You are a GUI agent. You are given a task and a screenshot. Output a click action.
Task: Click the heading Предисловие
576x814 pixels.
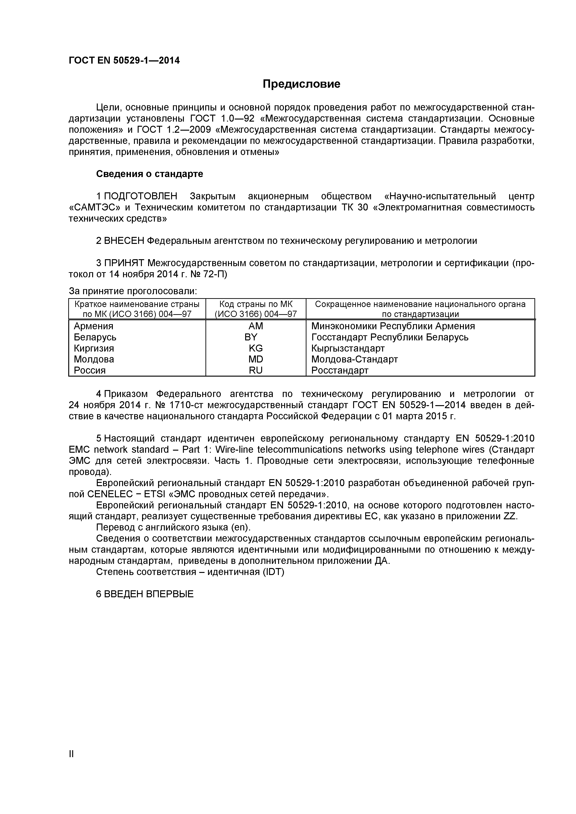click(301, 84)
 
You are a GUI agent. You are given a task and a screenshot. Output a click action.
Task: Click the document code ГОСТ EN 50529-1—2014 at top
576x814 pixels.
click(124, 61)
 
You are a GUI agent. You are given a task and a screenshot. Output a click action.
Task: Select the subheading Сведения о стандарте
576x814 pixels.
click(150, 174)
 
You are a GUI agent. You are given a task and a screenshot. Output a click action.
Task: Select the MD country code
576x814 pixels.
click(256, 359)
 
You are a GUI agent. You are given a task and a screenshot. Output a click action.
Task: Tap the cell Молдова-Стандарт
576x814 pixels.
click(354, 359)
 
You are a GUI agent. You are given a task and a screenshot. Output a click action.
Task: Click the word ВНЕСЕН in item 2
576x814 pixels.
click(124, 241)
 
